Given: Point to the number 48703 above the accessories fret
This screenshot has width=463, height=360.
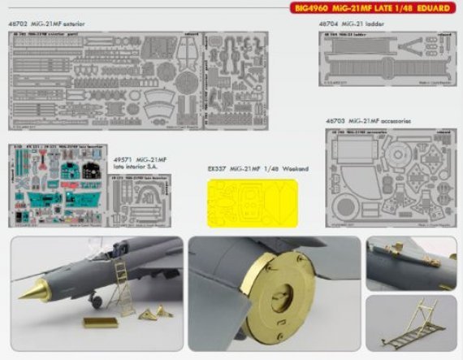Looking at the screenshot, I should [335, 120].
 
